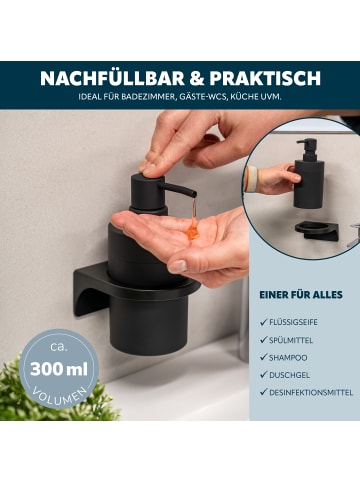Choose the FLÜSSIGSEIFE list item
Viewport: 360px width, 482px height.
pyautogui.click(x=306, y=322)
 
